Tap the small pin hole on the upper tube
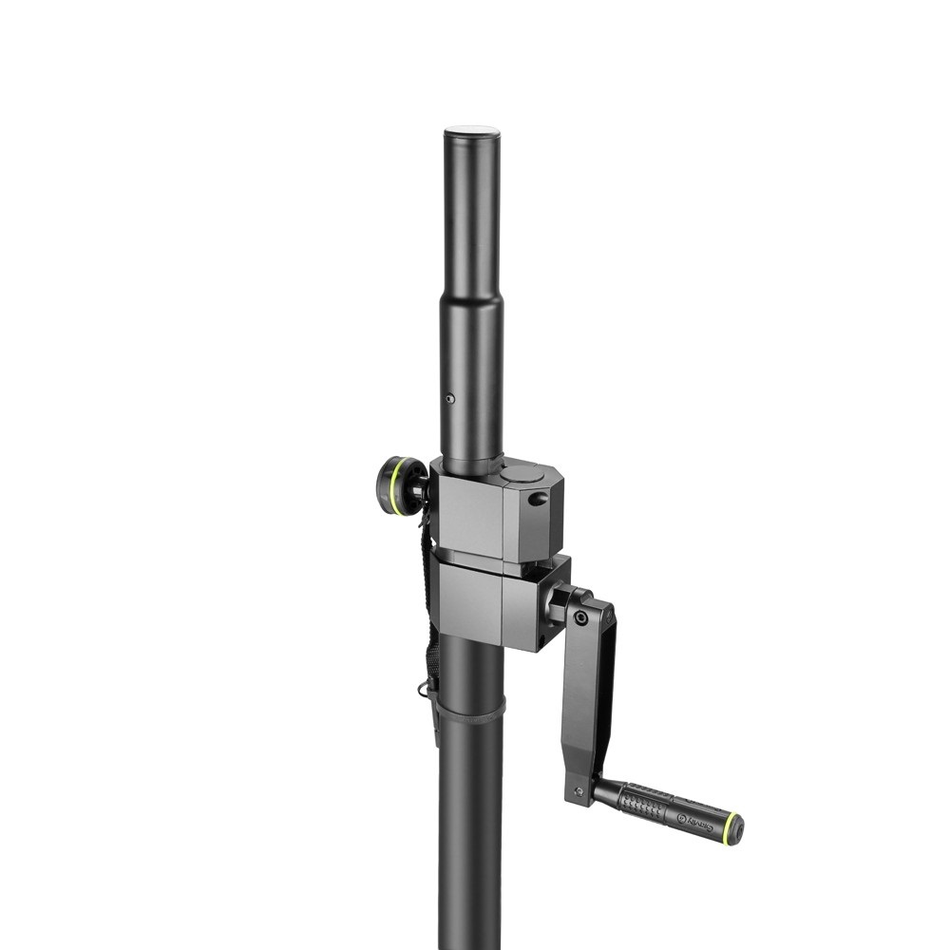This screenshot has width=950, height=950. click(450, 399)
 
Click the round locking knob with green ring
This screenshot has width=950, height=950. click(401, 485)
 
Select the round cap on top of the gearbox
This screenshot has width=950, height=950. click(523, 472)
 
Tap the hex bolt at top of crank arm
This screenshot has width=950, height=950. click(579, 617)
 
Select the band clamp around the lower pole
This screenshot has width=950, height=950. click(470, 711)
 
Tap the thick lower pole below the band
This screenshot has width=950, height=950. click(470, 836)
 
